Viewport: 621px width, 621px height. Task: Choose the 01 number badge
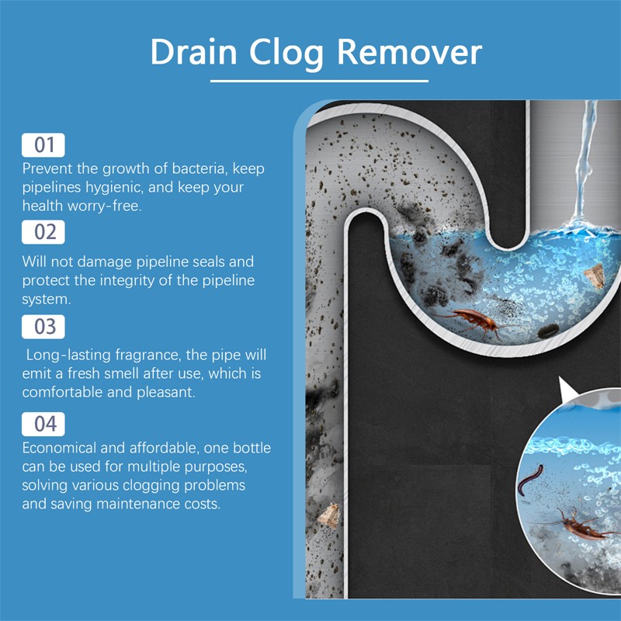43,145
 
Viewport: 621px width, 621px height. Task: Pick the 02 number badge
43,232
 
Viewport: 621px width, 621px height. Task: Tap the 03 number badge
43,327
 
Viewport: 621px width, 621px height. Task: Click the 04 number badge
43,424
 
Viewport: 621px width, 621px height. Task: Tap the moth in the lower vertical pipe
329,515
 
